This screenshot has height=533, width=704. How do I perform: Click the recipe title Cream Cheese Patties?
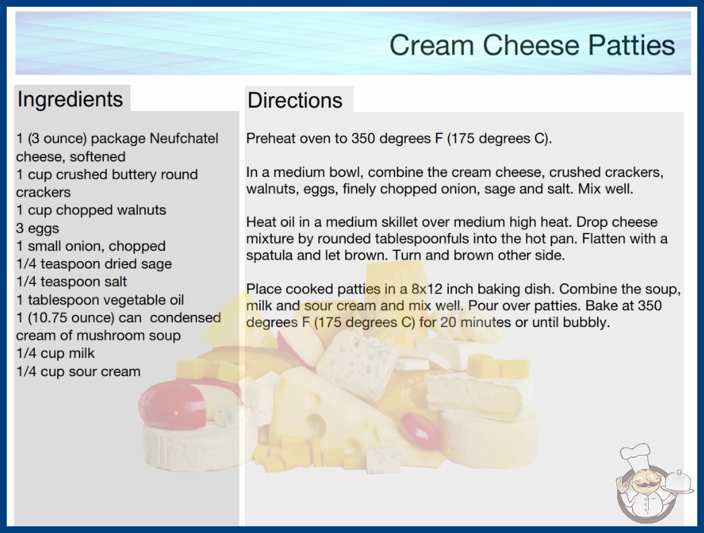532,45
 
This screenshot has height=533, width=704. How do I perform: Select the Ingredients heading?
70,100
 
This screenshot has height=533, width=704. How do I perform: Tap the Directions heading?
295,100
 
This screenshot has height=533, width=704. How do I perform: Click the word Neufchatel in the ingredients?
184,139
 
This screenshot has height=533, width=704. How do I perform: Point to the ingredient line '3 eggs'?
37,228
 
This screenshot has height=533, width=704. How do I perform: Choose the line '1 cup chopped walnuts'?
91,210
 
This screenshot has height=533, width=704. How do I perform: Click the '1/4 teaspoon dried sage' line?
94,264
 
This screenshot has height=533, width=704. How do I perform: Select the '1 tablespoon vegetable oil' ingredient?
100,299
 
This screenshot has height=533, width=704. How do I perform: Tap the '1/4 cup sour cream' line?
78,371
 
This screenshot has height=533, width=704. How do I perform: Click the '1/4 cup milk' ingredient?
55,353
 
